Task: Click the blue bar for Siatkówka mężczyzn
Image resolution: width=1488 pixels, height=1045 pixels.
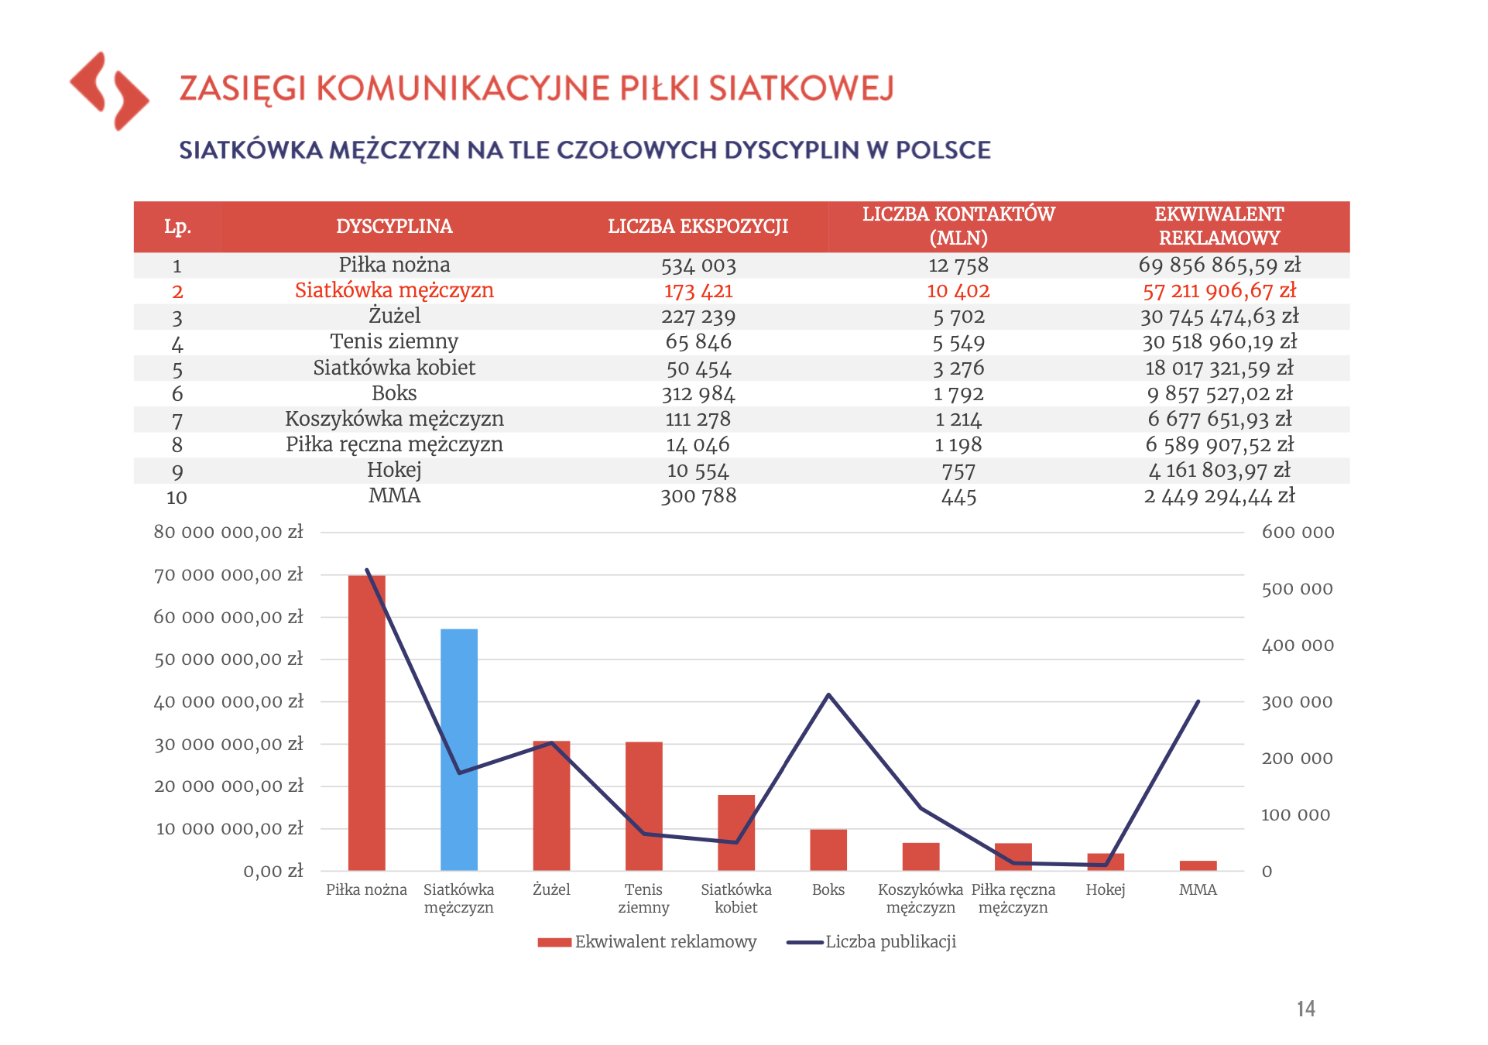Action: pos(459,749)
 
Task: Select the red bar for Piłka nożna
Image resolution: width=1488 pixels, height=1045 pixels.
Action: pos(367,723)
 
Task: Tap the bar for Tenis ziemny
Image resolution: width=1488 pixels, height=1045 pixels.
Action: pos(644,806)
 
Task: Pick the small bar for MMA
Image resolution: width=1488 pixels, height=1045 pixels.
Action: pos(1198,865)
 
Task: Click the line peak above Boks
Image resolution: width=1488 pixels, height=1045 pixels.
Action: pos(828,695)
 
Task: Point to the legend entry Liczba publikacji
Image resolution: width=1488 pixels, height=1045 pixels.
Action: pos(872,942)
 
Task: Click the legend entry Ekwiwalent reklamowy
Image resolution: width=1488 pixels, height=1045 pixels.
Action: pos(647,942)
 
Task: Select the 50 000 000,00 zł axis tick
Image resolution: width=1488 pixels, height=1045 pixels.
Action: pos(228,660)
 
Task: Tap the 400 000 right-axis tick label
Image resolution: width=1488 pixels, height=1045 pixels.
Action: pos(1298,646)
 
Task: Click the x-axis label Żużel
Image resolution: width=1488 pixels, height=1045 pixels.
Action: pos(551,889)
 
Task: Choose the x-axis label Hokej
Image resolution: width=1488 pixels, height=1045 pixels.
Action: pos(1106,889)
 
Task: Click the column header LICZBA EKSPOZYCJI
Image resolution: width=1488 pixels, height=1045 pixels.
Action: pos(698,226)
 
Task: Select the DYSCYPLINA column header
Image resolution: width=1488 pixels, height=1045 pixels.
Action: pos(394,226)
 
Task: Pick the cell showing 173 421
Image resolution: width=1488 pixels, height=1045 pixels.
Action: pos(698,291)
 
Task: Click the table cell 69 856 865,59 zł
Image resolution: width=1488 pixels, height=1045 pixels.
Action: pos(1219,266)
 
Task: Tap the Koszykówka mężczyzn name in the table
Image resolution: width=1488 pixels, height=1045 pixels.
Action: pos(394,420)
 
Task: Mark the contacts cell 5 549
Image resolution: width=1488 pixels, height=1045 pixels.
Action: pos(958,342)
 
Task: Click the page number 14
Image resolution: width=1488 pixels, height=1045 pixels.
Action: pos(1306,1009)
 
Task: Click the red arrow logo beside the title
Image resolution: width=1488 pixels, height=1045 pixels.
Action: pos(109,91)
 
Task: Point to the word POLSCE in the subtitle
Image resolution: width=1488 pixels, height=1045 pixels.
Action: pos(943,149)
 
